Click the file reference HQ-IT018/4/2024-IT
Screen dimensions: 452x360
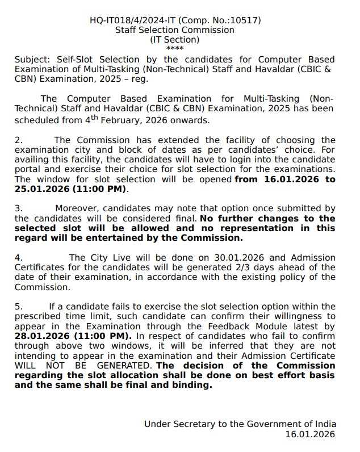point(133,20)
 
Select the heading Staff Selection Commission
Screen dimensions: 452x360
point(175,30)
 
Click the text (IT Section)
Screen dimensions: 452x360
point(175,40)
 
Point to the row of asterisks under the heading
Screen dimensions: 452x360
point(175,48)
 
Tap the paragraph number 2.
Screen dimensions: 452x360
point(18,140)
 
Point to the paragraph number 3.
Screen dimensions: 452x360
point(18,209)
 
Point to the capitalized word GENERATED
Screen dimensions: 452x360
point(120,366)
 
